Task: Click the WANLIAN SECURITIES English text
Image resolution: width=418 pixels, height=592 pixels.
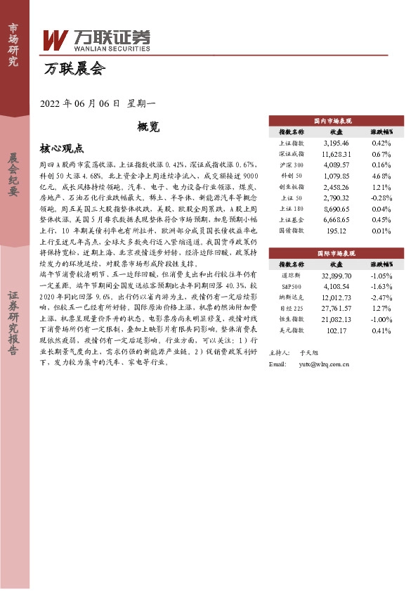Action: point(110,49)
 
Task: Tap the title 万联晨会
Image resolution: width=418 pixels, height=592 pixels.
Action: point(74,69)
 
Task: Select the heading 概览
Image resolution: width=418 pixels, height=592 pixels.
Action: point(148,127)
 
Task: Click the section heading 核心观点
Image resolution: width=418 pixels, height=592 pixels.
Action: point(63,148)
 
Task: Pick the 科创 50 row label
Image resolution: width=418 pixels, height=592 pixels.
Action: point(292,174)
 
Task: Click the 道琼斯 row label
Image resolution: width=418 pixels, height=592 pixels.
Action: point(292,276)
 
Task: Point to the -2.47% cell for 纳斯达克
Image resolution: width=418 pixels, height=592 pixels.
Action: point(381,297)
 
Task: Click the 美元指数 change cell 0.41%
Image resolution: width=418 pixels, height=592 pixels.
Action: point(383,330)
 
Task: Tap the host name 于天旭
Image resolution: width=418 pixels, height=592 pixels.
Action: point(308,353)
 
